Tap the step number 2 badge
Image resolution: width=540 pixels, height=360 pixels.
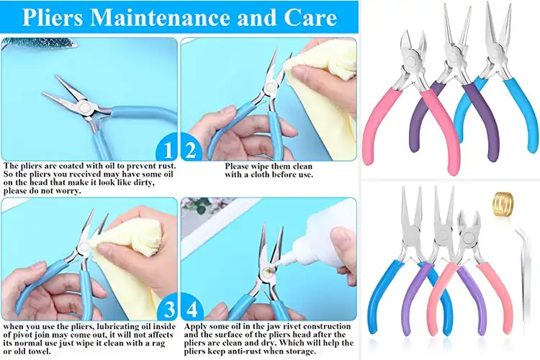(x=190, y=150)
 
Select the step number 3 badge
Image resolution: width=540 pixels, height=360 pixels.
(x=167, y=310)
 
